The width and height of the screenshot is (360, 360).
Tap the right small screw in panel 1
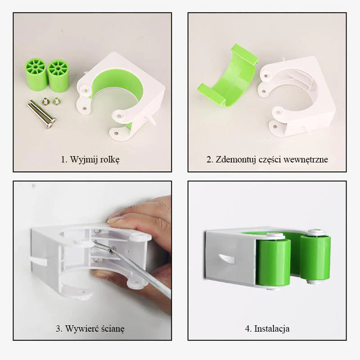(x=56, y=101)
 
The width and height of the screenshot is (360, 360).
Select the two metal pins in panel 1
(x=42, y=113)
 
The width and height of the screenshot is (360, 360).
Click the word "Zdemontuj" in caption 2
(x=236, y=160)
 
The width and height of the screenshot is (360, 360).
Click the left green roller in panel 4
(x=273, y=262)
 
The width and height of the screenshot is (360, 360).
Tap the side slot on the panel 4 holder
(x=226, y=259)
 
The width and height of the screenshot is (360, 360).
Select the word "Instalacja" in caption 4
(x=272, y=328)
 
